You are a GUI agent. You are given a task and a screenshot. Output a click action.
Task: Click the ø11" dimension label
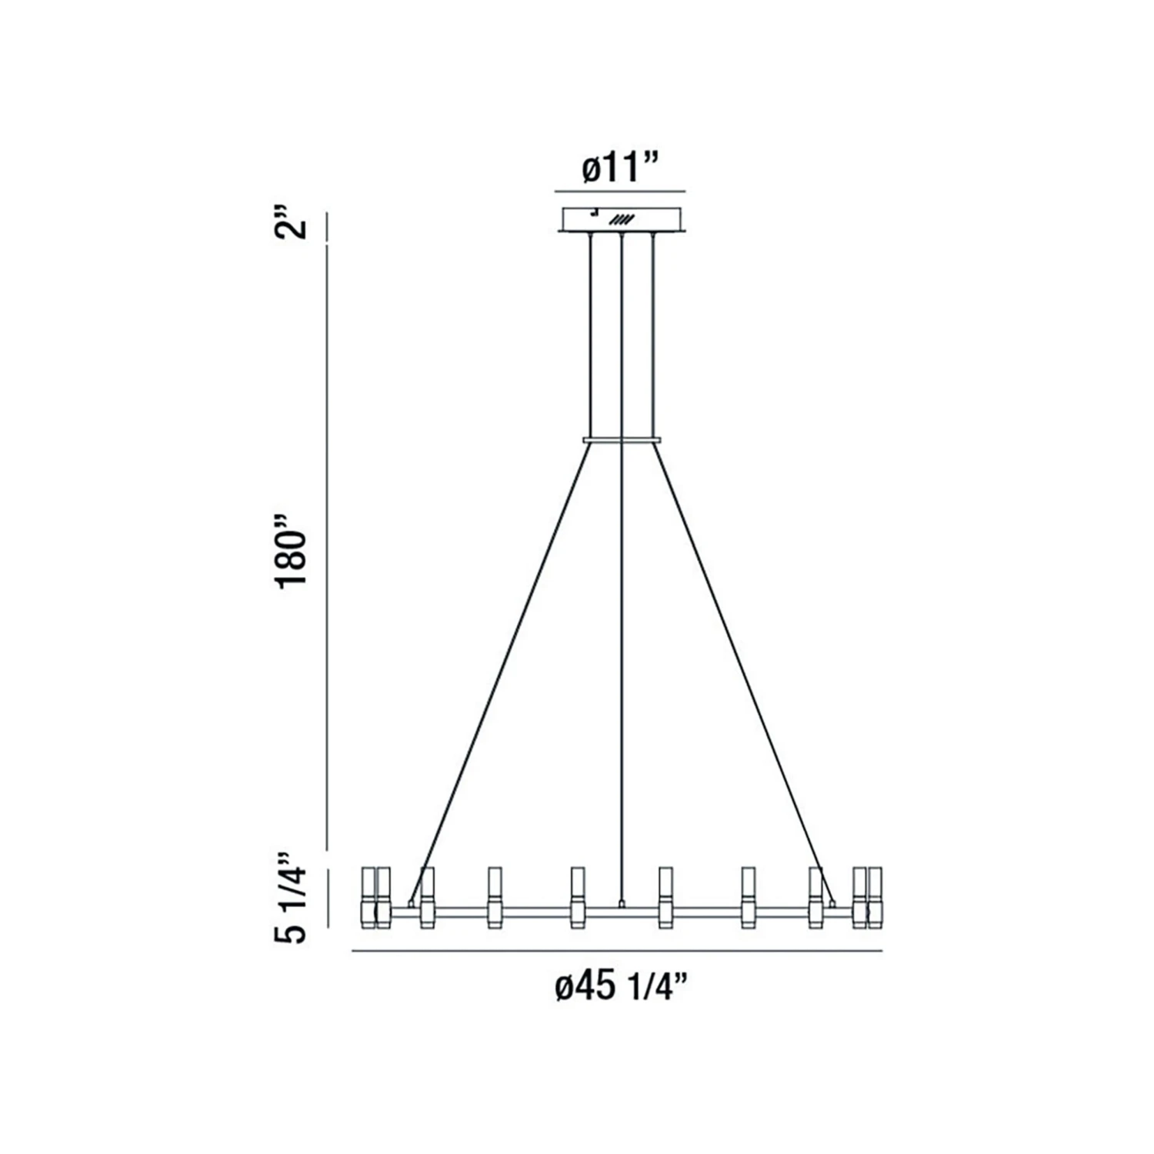pos(621,167)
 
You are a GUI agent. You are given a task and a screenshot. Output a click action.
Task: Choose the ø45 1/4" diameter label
pos(620,986)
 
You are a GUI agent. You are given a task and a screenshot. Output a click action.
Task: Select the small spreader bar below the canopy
pos(622,440)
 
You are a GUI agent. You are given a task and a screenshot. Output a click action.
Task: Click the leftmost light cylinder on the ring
pos(369,897)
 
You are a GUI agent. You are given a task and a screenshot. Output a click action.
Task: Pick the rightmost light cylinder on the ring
pos(874,897)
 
